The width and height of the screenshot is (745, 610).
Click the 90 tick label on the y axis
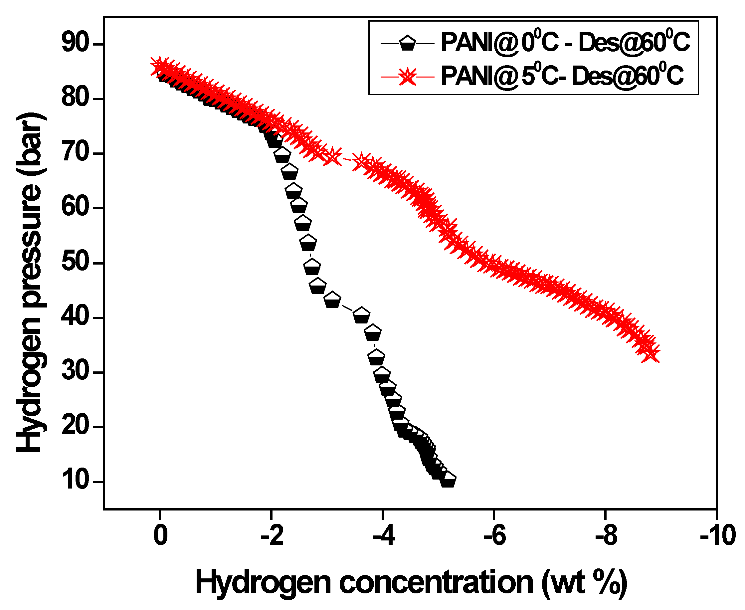tap(75, 44)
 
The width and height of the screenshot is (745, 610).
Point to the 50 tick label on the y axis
tap(75, 263)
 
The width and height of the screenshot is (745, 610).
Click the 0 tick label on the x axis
tap(160, 535)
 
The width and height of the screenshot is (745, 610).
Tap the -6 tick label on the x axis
tap(494, 535)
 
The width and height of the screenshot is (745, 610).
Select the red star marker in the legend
tap(408, 77)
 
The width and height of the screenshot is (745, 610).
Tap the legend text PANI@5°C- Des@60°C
tap(562, 76)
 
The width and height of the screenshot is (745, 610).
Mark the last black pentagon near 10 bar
tap(448, 480)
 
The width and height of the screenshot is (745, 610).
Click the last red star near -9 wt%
tap(652, 353)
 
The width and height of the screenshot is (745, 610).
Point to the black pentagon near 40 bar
tap(361, 316)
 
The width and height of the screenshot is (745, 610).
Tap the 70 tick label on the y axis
tap(75, 153)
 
